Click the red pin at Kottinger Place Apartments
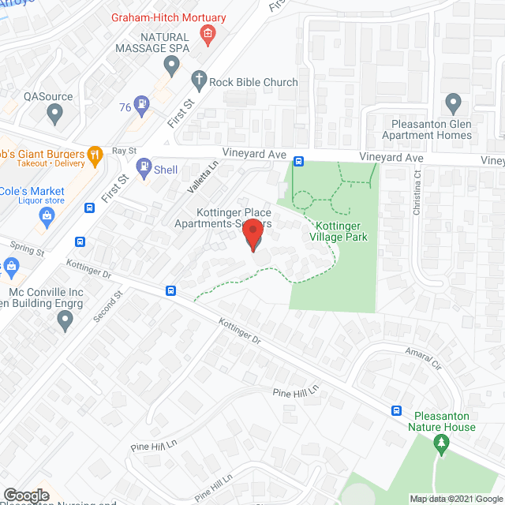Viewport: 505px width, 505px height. pos(252,235)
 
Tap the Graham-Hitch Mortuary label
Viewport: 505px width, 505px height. pos(168,18)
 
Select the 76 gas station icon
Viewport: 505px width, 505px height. pos(142,102)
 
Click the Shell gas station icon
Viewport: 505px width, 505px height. pos(144,166)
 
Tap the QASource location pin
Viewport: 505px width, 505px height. pos(54,114)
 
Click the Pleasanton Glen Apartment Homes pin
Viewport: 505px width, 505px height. pos(453,103)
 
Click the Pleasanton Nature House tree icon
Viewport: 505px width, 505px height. pos(441,447)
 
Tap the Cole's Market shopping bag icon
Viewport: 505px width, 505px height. pos(46,219)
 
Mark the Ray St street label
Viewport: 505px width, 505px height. pos(124,150)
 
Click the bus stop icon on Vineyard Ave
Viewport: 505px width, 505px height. pos(299,162)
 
